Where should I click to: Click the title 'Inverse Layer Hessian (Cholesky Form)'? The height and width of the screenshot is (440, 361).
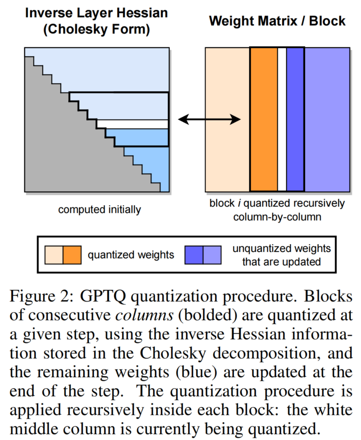click(x=96, y=21)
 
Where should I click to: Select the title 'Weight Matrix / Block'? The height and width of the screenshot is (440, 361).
click(x=277, y=21)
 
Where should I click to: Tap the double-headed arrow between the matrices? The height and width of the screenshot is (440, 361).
click(x=209, y=119)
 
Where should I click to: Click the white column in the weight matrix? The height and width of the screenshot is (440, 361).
click(x=282, y=119)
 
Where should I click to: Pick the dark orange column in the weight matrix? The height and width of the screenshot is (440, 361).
click(x=264, y=119)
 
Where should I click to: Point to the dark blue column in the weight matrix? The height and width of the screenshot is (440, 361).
click(x=295, y=119)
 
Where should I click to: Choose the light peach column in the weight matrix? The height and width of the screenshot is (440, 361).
click(x=227, y=119)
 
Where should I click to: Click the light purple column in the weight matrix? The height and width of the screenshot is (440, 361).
click(x=327, y=119)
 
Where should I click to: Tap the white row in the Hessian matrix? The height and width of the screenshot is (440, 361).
click(x=132, y=124)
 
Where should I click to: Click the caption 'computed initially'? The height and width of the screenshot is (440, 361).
click(x=99, y=209)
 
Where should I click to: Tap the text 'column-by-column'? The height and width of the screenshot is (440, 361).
click(x=277, y=217)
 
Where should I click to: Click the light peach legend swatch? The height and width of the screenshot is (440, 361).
click(x=54, y=255)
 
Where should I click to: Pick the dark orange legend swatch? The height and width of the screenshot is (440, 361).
click(x=72, y=255)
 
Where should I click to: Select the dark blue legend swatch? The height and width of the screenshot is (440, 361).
click(x=194, y=255)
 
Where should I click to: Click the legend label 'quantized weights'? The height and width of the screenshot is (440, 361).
click(x=131, y=255)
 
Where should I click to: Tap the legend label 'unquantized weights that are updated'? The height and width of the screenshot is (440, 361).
click(x=281, y=255)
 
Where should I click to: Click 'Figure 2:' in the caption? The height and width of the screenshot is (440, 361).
click(x=41, y=296)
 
